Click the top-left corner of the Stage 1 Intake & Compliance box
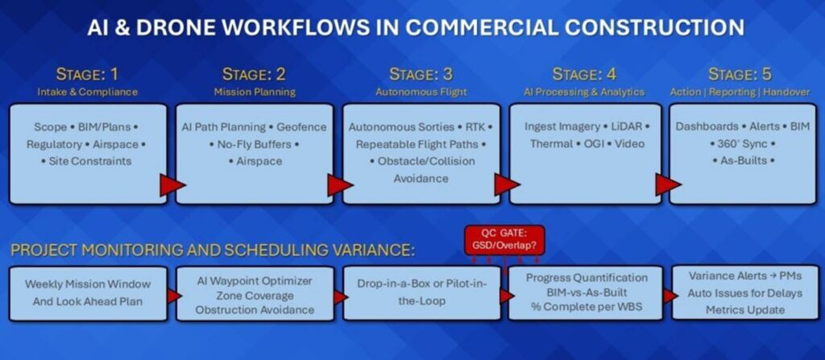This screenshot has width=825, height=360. coord(10,104)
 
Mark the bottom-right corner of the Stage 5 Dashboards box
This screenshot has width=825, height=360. coord(817,204)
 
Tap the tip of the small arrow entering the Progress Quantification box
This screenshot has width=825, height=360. coord(514,296)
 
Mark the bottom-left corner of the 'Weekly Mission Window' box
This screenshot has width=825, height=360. coord(10,320)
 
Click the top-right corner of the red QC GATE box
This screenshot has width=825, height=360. coord(544,226)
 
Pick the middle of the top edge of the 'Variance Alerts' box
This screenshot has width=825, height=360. coord(745,265)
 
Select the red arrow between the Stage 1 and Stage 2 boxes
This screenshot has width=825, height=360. coord(172,185)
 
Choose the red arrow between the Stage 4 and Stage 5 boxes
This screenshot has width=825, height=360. coord(668,184)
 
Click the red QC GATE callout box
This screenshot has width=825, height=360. coord(504,241)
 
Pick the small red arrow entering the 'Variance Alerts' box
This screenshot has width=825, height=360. coord(670,296)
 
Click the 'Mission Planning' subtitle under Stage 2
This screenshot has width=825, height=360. coord(255,92)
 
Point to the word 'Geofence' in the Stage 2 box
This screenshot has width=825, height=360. coord(303,127)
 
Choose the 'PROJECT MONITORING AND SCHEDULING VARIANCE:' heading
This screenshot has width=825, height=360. coord(213,250)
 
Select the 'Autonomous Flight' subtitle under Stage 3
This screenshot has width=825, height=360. coord(421,92)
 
